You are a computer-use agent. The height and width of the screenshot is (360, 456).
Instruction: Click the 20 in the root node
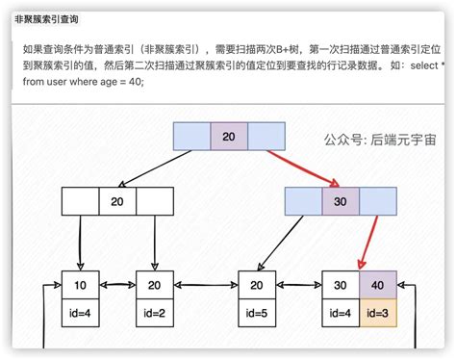point(228,137)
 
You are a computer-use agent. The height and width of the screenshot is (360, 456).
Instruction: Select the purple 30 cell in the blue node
point(339,201)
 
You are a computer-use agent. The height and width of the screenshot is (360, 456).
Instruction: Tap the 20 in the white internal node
point(117,201)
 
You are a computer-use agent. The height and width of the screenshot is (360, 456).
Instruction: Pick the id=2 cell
point(154,312)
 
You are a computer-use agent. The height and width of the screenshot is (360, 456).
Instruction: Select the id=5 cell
point(256,312)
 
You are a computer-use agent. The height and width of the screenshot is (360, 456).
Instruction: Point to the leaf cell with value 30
point(340,286)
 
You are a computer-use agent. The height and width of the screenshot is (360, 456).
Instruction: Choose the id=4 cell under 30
point(340,312)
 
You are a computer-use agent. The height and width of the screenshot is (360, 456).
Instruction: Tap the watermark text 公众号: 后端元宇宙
point(379,139)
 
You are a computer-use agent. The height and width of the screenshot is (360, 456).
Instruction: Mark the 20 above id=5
point(256,286)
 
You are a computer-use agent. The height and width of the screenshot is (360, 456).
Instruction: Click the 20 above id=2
point(154,286)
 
